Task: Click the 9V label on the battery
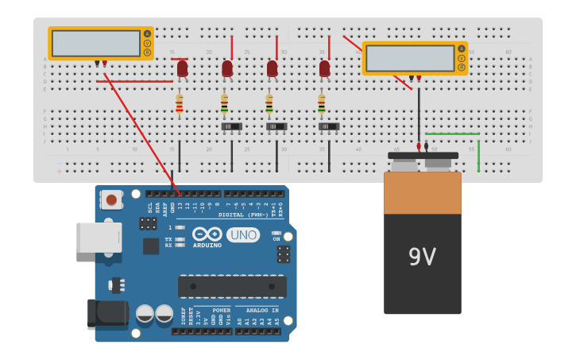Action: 422,257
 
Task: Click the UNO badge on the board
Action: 242,234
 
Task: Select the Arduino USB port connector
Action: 99,237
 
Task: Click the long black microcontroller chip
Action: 232,286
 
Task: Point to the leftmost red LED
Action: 182,69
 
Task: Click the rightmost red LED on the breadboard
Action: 324,69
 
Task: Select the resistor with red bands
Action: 180,103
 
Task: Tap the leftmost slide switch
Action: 231,126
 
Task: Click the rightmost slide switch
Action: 329,126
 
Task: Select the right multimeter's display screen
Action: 410,58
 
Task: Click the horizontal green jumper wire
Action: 452,134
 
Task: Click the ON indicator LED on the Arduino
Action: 276,233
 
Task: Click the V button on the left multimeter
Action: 147,43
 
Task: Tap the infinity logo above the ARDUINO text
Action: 207,234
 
